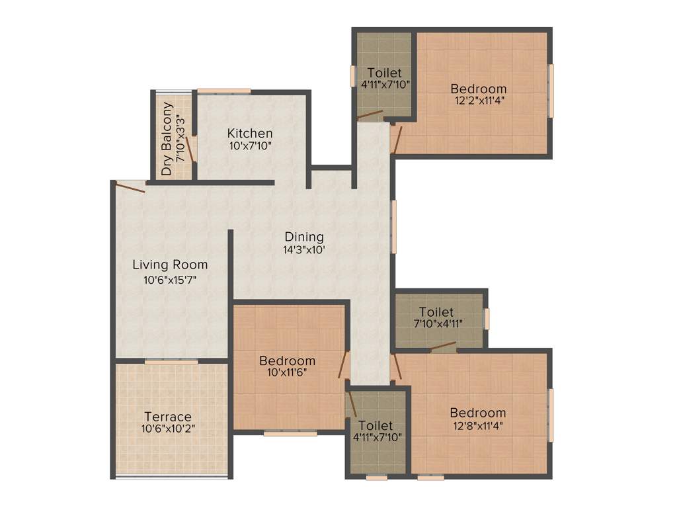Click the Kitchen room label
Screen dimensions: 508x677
[250, 133]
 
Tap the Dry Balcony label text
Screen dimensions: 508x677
[167, 139]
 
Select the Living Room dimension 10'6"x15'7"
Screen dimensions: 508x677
[170, 280]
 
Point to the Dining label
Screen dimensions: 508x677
[304, 236]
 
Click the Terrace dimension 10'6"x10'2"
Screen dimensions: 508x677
[168, 429]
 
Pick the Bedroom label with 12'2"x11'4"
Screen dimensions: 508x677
[479, 89]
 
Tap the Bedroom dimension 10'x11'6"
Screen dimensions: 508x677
[287, 373]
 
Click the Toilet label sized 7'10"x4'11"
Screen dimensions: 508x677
[436, 312]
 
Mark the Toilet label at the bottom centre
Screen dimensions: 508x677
[376, 425]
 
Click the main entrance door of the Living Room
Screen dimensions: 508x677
[130, 186]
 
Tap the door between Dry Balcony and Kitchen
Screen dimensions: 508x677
[190, 149]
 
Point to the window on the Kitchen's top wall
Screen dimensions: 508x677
[223, 91]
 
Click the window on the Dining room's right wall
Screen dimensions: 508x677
[394, 226]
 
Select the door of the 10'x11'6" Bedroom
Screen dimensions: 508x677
[344, 364]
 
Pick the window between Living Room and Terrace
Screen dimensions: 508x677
[171, 362]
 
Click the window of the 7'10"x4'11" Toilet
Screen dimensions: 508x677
[487, 318]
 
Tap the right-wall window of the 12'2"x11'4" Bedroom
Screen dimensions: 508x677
[551, 91]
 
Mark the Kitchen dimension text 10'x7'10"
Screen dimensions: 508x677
[250, 146]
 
